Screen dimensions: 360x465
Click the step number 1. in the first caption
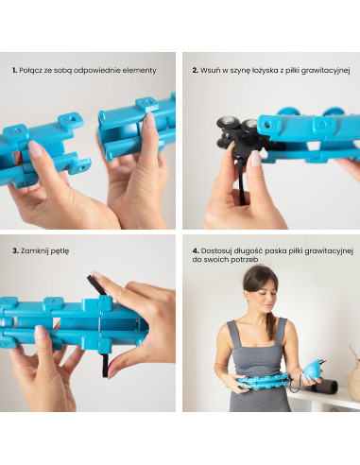click(x=15, y=70)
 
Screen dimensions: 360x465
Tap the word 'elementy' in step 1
click(x=139, y=71)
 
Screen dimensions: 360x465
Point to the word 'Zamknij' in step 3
click(x=35, y=251)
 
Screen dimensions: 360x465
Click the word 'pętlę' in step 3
click(x=60, y=251)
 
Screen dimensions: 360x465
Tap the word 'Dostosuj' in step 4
click(x=215, y=251)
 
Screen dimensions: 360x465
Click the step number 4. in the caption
click(x=196, y=251)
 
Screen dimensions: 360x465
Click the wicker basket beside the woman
click(x=353, y=371)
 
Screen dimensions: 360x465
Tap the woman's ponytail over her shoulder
click(x=270, y=325)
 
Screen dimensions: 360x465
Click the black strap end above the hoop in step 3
click(x=95, y=285)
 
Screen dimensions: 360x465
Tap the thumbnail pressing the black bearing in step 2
click(x=255, y=159)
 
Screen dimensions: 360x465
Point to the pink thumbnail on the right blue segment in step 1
click(x=150, y=119)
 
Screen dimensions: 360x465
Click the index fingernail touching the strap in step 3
click(x=96, y=274)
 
